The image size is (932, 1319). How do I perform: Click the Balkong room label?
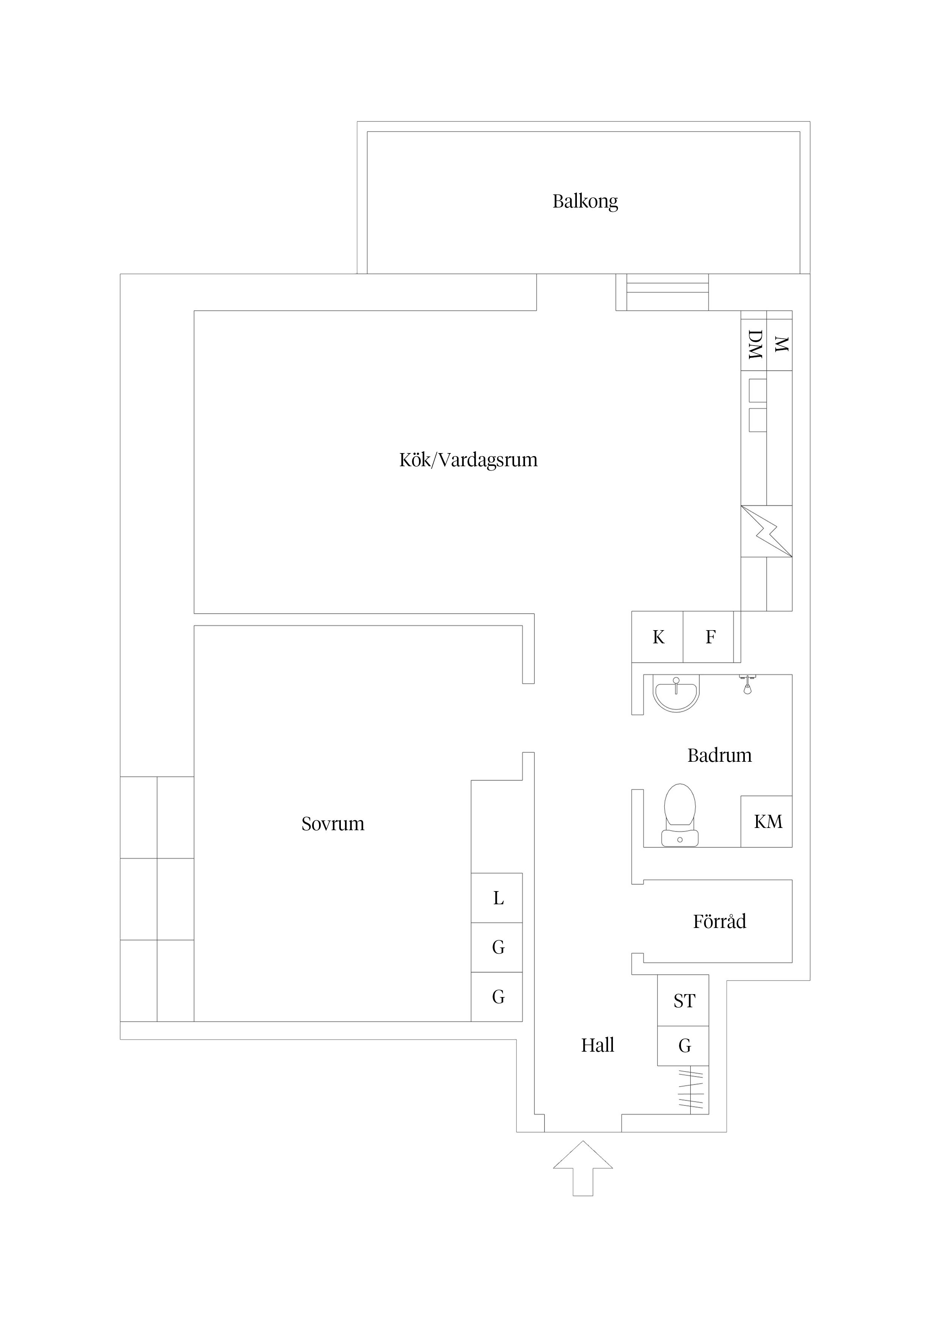(x=585, y=201)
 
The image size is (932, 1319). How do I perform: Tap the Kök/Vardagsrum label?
(x=468, y=460)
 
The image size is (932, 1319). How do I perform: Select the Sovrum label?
(x=333, y=824)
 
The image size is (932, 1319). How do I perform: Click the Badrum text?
(x=719, y=755)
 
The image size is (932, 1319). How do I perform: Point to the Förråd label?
(x=719, y=922)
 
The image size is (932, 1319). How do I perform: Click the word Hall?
(x=597, y=1045)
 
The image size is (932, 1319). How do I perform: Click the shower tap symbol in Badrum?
(x=747, y=684)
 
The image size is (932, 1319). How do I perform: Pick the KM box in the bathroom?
(x=767, y=822)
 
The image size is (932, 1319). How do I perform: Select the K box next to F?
(x=658, y=637)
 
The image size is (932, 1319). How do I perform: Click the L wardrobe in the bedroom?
(x=497, y=898)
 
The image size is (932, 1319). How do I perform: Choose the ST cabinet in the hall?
(x=683, y=1001)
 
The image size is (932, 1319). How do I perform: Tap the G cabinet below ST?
(x=683, y=1046)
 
